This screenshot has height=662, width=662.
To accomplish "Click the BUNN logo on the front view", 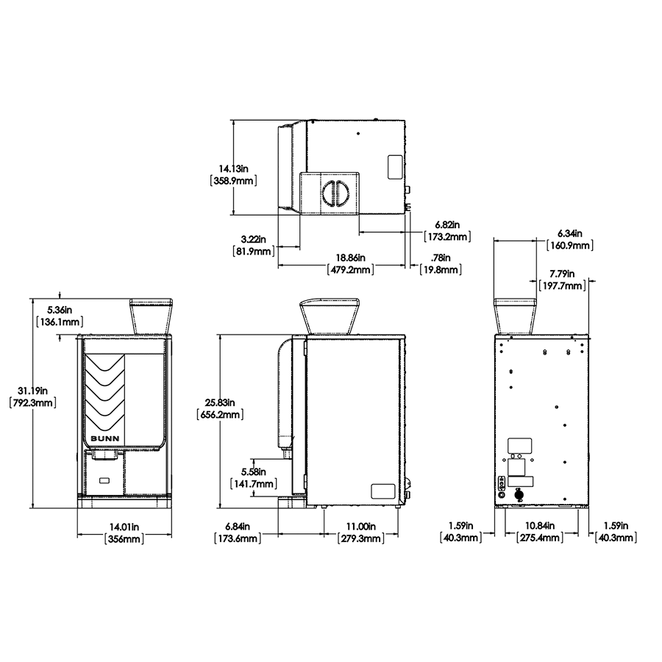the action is pyautogui.click(x=105, y=438).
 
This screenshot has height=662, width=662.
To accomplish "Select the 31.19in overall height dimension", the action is pyautogui.click(x=32, y=397).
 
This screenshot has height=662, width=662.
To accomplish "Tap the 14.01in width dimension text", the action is pyautogui.click(x=124, y=533).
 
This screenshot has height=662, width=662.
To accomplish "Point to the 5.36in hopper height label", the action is pyautogui.click(x=60, y=316).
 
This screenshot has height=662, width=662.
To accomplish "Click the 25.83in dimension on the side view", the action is pyautogui.click(x=220, y=409).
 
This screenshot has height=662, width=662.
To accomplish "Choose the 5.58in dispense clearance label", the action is pyautogui.click(x=253, y=477).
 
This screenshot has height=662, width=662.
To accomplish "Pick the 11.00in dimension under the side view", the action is pyautogui.click(x=361, y=533).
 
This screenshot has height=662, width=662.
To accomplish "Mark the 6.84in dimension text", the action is pyautogui.click(x=238, y=533).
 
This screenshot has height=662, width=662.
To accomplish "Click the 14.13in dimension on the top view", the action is pyautogui.click(x=233, y=175).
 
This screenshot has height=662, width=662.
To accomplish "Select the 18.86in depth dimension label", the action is pyautogui.click(x=350, y=263).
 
